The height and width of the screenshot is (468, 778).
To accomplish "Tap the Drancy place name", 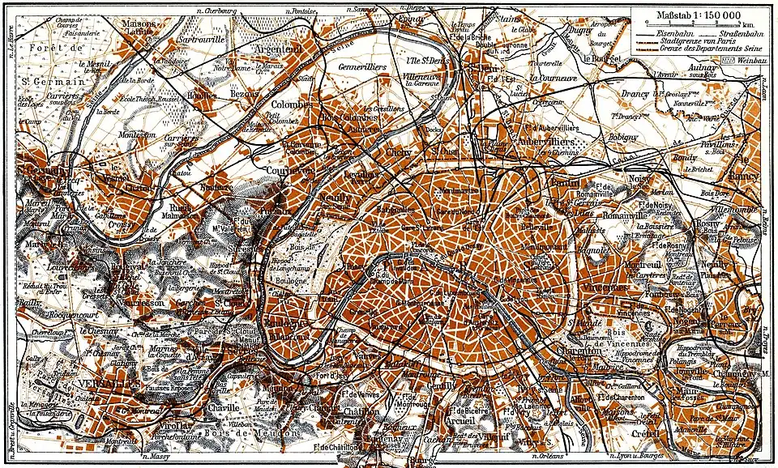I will point(635,95).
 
